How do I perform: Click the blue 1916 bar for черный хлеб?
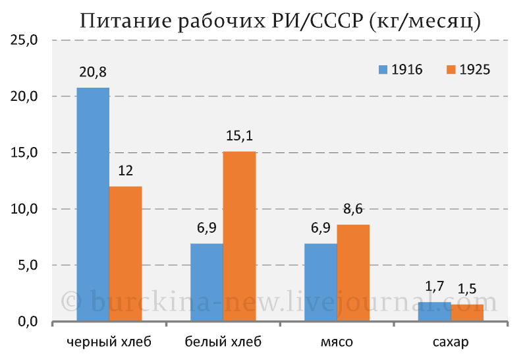[x=93, y=204]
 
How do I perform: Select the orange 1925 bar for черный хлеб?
[x=126, y=254]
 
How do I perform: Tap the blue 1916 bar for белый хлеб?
[x=207, y=282]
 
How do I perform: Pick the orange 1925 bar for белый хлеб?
[x=239, y=236]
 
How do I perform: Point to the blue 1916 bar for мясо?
[x=321, y=282]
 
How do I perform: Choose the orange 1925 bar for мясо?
[x=353, y=273]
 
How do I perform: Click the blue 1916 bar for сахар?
[x=435, y=312]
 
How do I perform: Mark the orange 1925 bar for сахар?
[x=467, y=313]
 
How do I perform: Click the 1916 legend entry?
[x=401, y=70]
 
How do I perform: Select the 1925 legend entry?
[x=468, y=70]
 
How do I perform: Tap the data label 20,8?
[x=93, y=73]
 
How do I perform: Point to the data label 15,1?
[x=239, y=136]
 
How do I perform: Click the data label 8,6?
[x=353, y=209]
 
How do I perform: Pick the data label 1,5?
[x=467, y=289]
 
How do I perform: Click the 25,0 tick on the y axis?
[x=24, y=40]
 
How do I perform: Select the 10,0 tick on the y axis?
[x=24, y=209]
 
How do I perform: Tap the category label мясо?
[x=337, y=342]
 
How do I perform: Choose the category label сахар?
[x=451, y=342]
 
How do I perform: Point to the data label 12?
[x=126, y=171]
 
